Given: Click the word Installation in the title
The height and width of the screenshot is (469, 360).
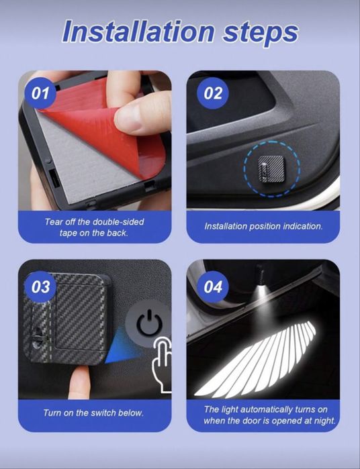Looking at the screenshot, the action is pyautogui.click(x=138, y=31).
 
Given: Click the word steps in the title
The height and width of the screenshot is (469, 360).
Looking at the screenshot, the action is pyautogui.click(x=261, y=34).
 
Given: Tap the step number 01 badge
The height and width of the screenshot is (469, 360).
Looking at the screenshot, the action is pyautogui.click(x=40, y=93).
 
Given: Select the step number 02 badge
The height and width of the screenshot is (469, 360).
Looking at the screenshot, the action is pyautogui.click(x=213, y=93).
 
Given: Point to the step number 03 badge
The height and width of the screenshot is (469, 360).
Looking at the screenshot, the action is pyautogui.click(x=40, y=287).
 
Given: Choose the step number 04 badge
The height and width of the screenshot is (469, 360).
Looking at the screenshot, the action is pyautogui.click(x=213, y=287).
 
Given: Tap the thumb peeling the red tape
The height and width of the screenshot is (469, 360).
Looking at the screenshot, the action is pyautogui.click(x=141, y=113).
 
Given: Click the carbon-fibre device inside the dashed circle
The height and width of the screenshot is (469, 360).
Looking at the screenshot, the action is pyautogui.click(x=271, y=170).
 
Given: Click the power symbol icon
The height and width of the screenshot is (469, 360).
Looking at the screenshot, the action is pyautogui.click(x=150, y=323).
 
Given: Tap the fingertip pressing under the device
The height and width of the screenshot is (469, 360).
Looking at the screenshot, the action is pyautogui.click(x=81, y=382).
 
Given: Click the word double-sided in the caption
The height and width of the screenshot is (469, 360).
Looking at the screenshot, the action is pyautogui.click(x=118, y=221).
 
